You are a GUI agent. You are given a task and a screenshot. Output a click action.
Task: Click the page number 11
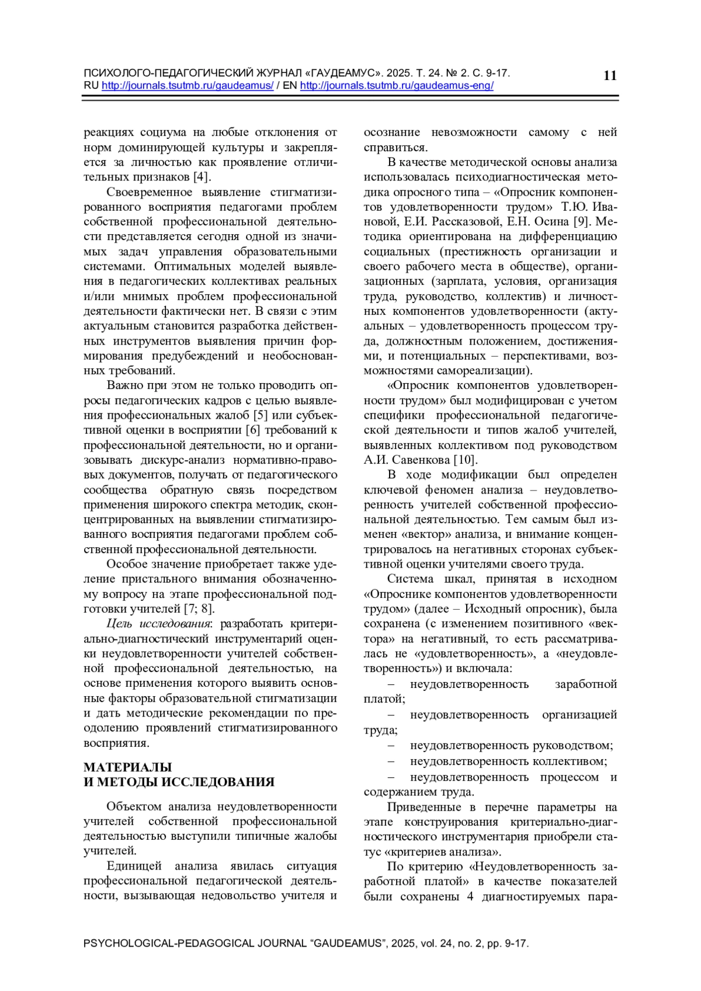(x=609, y=75)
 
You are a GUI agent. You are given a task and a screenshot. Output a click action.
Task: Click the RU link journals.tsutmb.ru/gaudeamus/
(x=188, y=86)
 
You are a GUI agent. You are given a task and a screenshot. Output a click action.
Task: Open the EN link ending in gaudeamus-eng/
(x=397, y=86)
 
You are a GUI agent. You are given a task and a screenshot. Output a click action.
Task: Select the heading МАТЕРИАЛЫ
(x=127, y=767)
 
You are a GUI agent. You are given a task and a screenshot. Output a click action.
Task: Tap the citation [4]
(x=202, y=177)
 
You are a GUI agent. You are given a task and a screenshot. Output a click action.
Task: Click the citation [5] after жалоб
(x=260, y=415)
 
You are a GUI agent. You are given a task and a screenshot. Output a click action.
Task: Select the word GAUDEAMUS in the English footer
(x=349, y=944)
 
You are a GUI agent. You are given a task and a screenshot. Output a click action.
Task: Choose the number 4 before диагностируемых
(x=470, y=896)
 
